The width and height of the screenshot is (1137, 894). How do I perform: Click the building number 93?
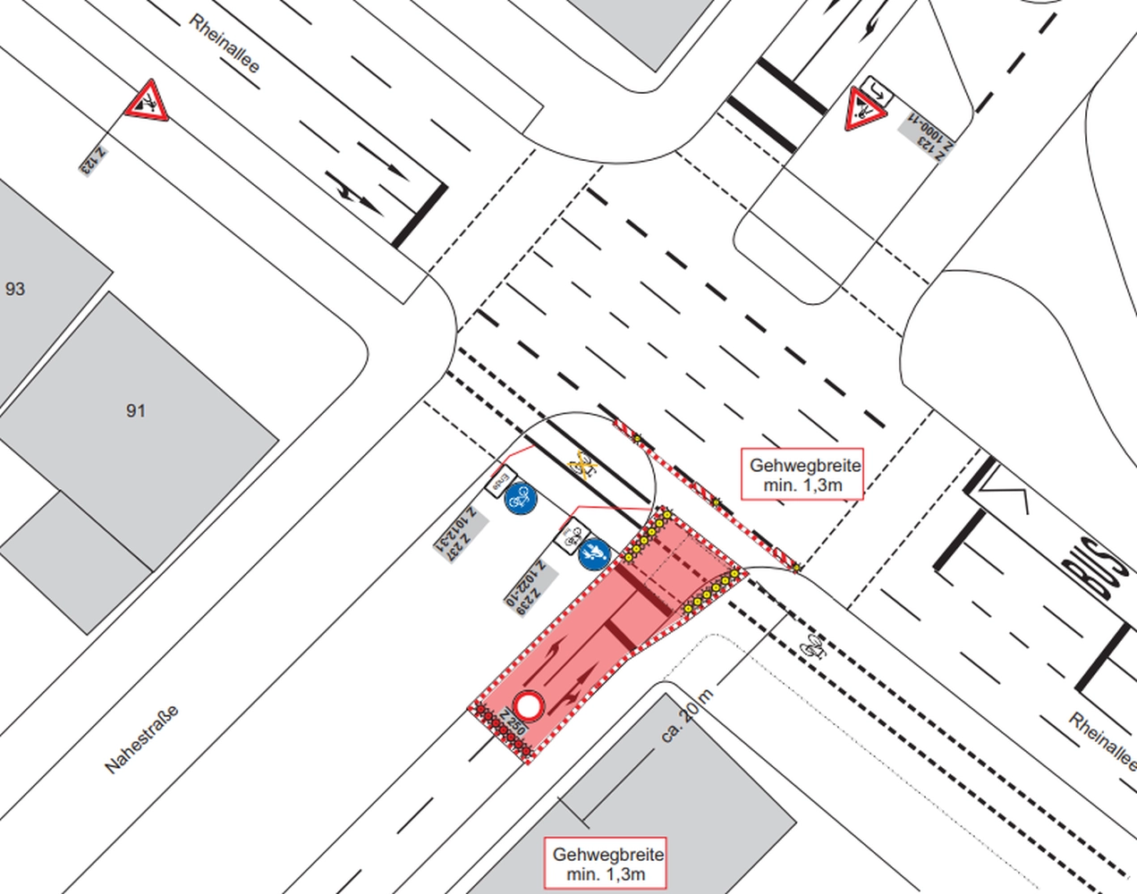pyautogui.click(x=15, y=289)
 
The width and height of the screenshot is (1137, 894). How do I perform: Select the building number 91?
pyautogui.click(x=135, y=410)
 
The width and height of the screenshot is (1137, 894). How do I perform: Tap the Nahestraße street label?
pyautogui.click(x=141, y=739)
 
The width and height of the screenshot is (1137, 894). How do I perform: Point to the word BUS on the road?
pyautogui.click(x=1095, y=565)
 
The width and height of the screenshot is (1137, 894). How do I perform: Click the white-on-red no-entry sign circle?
pyautogui.click(x=529, y=707)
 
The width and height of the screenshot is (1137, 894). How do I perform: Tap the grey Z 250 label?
pyautogui.click(x=513, y=720)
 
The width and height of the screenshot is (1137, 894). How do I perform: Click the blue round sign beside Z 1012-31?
pyautogui.click(x=521, y=499)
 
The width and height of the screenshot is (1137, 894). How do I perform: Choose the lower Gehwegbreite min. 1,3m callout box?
pyautogui.click(x=608, y=864)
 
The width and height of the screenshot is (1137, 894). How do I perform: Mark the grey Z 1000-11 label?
pyautogui.click(x=927, y=133)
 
